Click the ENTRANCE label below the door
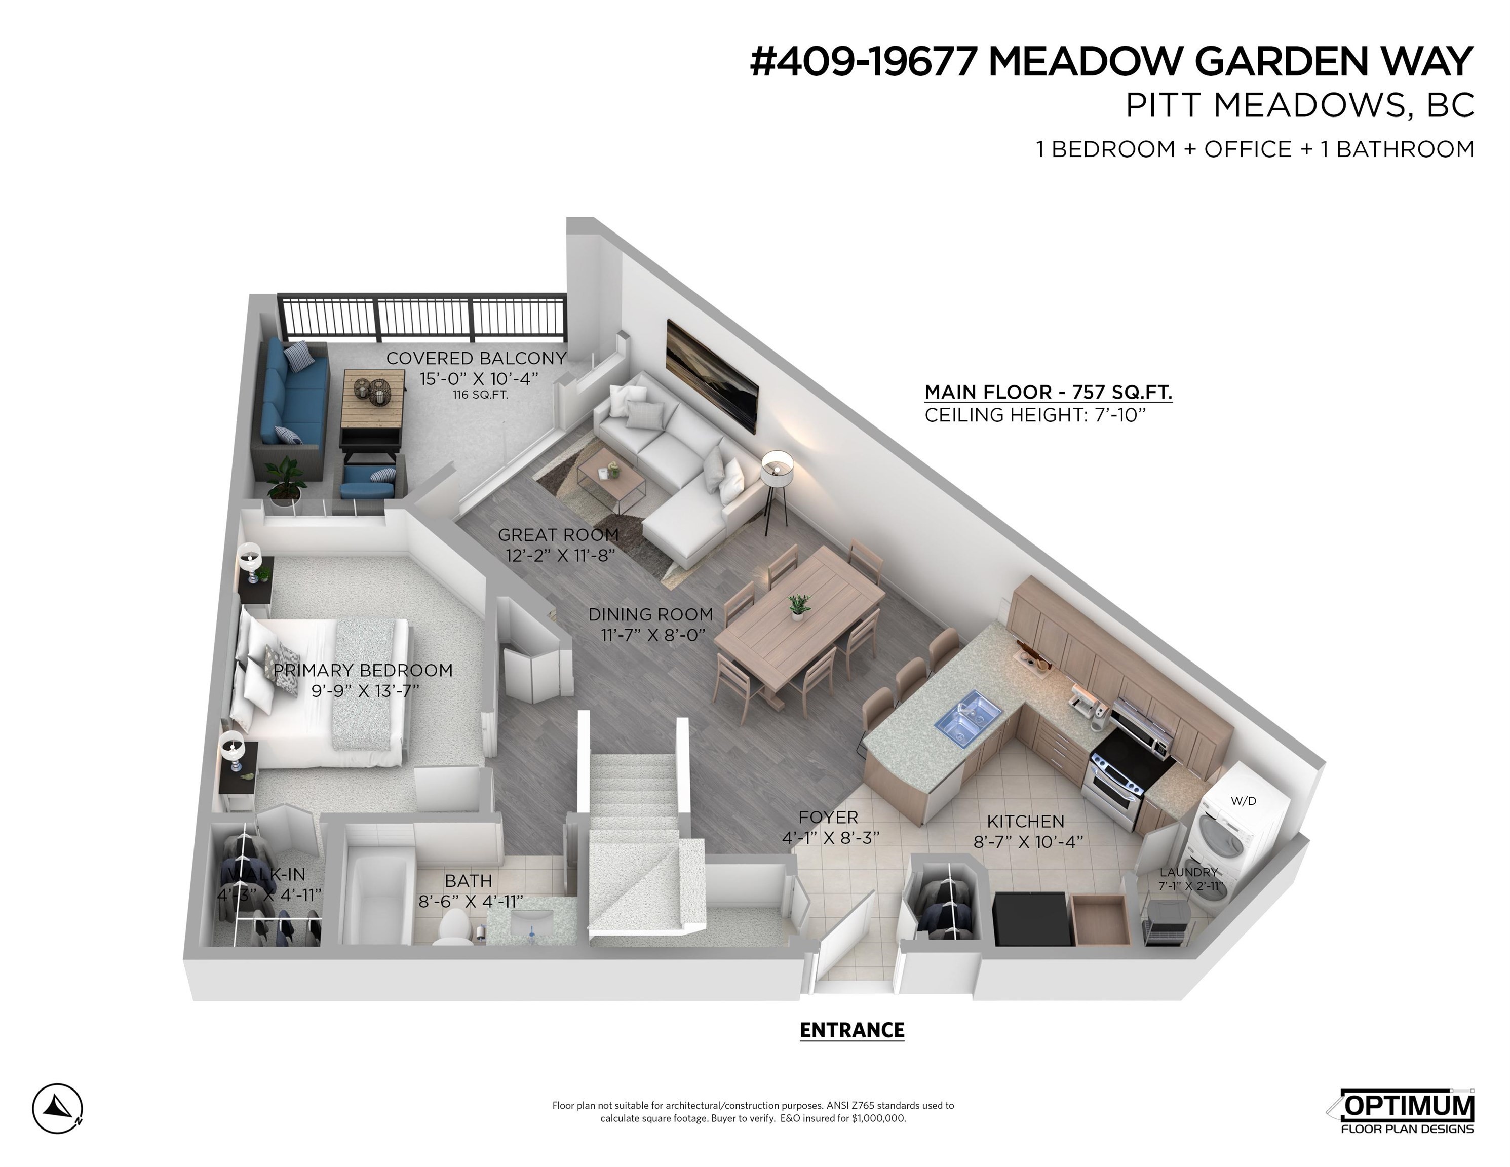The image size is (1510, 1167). pos(852,1030)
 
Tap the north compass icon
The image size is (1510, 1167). pos(57,1108)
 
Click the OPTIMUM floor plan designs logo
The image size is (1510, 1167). pos(1402,1112)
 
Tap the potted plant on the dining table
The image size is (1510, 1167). pos(798,606)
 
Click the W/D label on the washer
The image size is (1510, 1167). pos(1243,801)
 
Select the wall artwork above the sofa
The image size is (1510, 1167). pos(712,377)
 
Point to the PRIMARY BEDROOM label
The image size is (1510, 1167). pos(363,670)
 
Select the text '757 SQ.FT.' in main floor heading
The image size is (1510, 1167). pos(1122,392)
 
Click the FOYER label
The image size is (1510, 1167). pos(828,817)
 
